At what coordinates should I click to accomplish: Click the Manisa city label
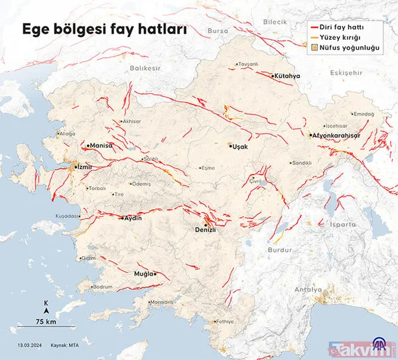(x=101, y=145)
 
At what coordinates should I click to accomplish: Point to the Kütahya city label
(x=287, y=76)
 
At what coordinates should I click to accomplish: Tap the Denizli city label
(x=206, y=229)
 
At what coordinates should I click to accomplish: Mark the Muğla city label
(x=143, y=273)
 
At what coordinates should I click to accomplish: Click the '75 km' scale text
(x=45, y=322)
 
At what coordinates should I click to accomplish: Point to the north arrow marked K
(x=45, y=306)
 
